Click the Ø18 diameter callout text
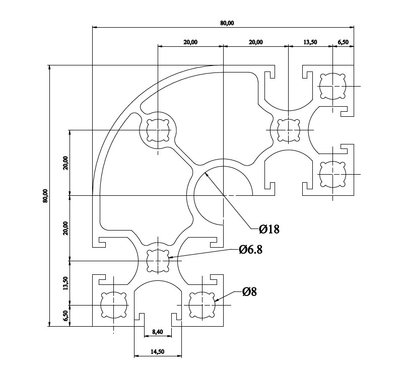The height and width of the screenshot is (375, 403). coord(269,229)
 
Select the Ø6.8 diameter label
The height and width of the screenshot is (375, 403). coord(250,249)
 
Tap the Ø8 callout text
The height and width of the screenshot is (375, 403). coord(249,292)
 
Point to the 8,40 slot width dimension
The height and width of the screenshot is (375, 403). coord(158,332)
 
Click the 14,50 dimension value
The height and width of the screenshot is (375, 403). coord(157,352)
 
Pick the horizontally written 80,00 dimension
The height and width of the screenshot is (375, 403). coord(227,23)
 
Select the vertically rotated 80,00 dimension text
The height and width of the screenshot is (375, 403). coord(45,196)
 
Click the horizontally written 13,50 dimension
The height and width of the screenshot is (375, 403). coord(310,42)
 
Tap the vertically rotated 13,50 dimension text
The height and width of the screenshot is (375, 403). coord(65,283)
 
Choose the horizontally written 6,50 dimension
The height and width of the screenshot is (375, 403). coord(343,42)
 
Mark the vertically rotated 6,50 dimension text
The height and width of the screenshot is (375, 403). coord(65,316)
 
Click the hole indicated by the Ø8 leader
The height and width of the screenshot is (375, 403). coord(202,305)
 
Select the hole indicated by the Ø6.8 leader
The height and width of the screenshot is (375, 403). coord(158,261)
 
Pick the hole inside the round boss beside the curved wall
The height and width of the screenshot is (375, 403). coord(158,130)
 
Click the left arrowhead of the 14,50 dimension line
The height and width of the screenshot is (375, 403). coord(137,356)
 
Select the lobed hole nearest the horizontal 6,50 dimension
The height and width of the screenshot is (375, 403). coord(332,86)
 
